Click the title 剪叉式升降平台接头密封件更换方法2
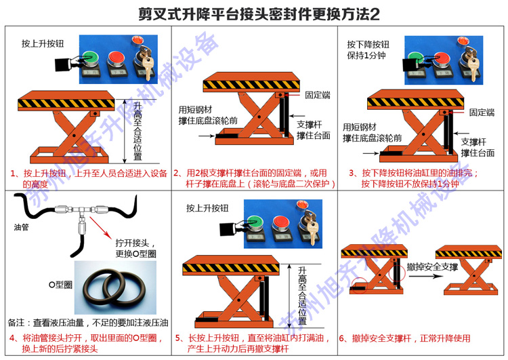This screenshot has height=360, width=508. [259, 14]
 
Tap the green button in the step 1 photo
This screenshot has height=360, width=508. [90, 58]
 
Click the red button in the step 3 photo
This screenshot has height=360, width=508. [442, 58]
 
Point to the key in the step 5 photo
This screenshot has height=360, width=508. [312, 228]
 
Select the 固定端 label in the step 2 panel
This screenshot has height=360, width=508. [318, 95]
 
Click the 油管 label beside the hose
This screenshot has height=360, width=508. [21, 227]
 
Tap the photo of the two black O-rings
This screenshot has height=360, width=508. [115, 287]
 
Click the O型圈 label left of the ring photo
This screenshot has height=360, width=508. [60, 285]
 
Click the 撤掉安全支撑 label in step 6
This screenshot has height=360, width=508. [432, 266]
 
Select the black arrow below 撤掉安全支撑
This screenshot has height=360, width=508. [425, 277]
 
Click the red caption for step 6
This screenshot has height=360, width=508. [404, 338]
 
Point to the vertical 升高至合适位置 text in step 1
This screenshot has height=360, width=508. [137, 131]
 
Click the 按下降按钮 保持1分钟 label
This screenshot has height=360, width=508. [368, 49]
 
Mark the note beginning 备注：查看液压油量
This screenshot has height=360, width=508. [88, 323]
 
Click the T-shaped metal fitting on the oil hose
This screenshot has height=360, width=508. [81, 215]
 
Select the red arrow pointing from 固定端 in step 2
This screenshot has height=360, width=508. [292, 95]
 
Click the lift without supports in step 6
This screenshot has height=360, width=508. [469, 270]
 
